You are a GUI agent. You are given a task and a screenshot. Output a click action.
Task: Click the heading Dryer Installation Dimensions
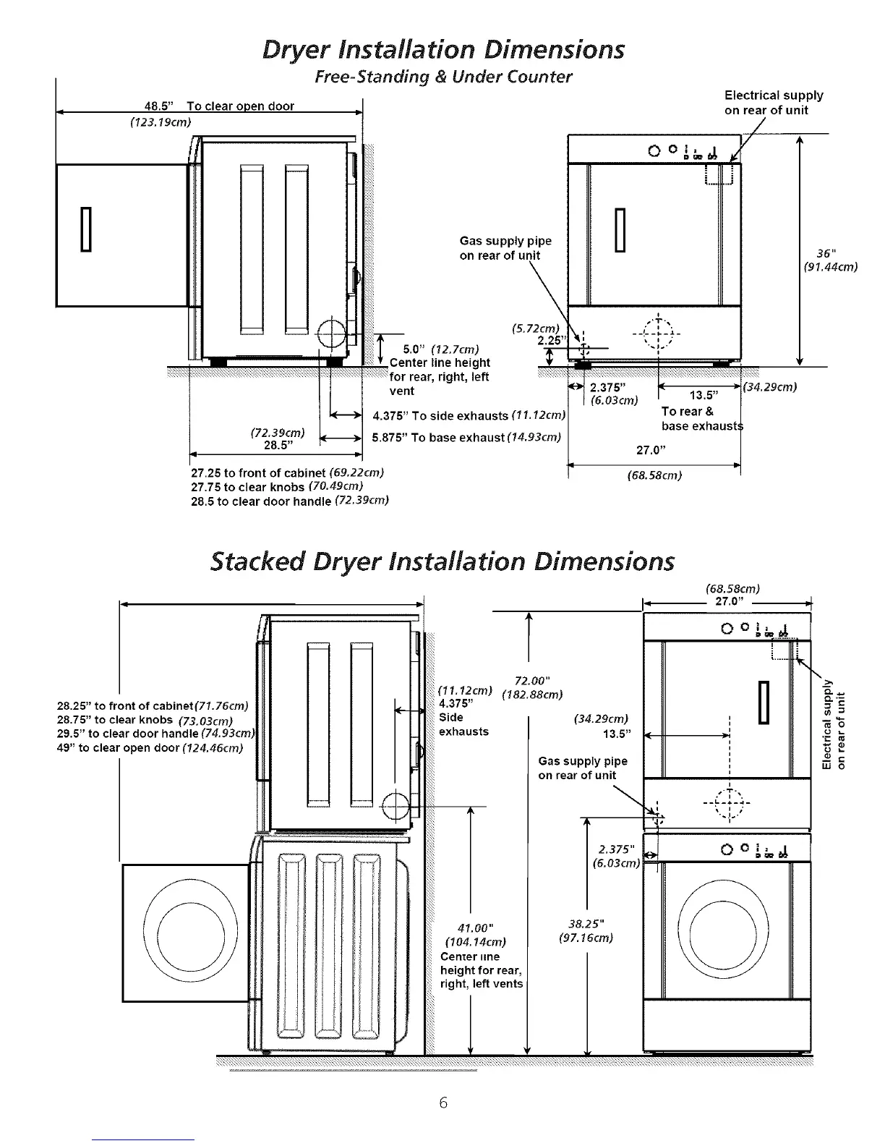tap(442, 49)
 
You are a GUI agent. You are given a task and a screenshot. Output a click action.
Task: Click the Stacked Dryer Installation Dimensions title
tap(442, 561)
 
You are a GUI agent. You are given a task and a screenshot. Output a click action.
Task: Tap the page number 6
tap(443, 1102)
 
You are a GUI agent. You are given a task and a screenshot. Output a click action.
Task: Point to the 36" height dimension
tap(827, 253)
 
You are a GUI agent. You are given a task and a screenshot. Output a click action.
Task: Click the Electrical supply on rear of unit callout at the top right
tap(774, 103)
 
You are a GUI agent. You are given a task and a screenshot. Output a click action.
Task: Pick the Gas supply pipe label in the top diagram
tap(505, 248)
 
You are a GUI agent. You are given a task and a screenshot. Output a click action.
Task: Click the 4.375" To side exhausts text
tap(440, 415)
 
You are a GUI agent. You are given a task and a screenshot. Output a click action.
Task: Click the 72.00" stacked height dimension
tap(532, 680)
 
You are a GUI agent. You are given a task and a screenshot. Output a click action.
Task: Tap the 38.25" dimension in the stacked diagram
tap(586, 924)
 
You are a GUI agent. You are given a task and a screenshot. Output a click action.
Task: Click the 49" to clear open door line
tap(149, 747)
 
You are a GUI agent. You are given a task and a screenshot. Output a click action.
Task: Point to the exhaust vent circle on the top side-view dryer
tap(333, 334)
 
